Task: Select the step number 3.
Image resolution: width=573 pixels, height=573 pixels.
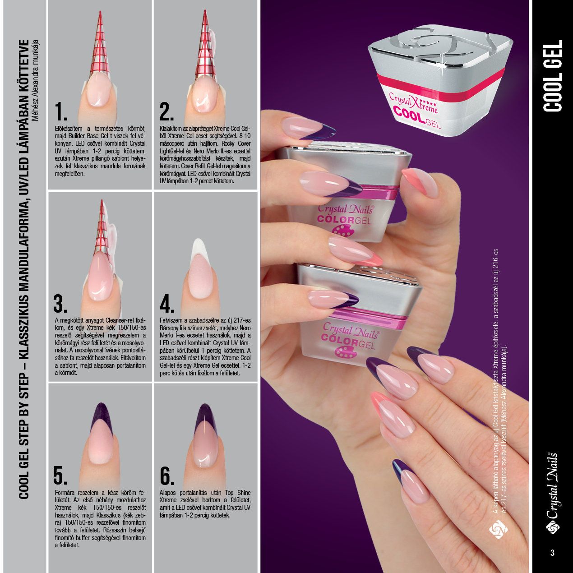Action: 60,304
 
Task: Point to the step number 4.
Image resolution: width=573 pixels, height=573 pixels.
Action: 167,304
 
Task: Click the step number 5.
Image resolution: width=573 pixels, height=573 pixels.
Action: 60,475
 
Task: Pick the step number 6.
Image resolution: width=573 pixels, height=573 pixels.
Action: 167,475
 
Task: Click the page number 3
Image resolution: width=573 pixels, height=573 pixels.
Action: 552,553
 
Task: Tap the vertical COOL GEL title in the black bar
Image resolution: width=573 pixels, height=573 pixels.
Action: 553,76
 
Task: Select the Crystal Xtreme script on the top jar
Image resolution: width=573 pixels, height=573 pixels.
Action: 413,102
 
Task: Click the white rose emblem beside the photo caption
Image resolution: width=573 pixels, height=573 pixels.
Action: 498,529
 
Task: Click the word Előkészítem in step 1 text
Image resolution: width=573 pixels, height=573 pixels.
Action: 69,129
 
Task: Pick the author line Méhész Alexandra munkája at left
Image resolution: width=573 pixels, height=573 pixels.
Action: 35,80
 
